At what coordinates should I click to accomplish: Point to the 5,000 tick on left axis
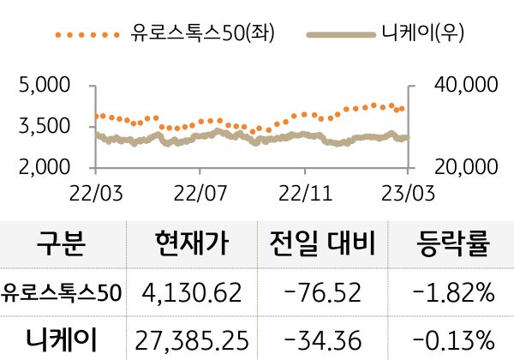(x=43, y=86)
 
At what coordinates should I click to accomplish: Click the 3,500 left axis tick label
(x=43, y=127)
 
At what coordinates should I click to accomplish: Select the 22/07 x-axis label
(x=200, y=189)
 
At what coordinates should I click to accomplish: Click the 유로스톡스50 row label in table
(x=62, y=294)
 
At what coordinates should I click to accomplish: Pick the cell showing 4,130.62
(x=193, y=294)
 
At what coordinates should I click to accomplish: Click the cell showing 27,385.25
(x=193, y=340)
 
